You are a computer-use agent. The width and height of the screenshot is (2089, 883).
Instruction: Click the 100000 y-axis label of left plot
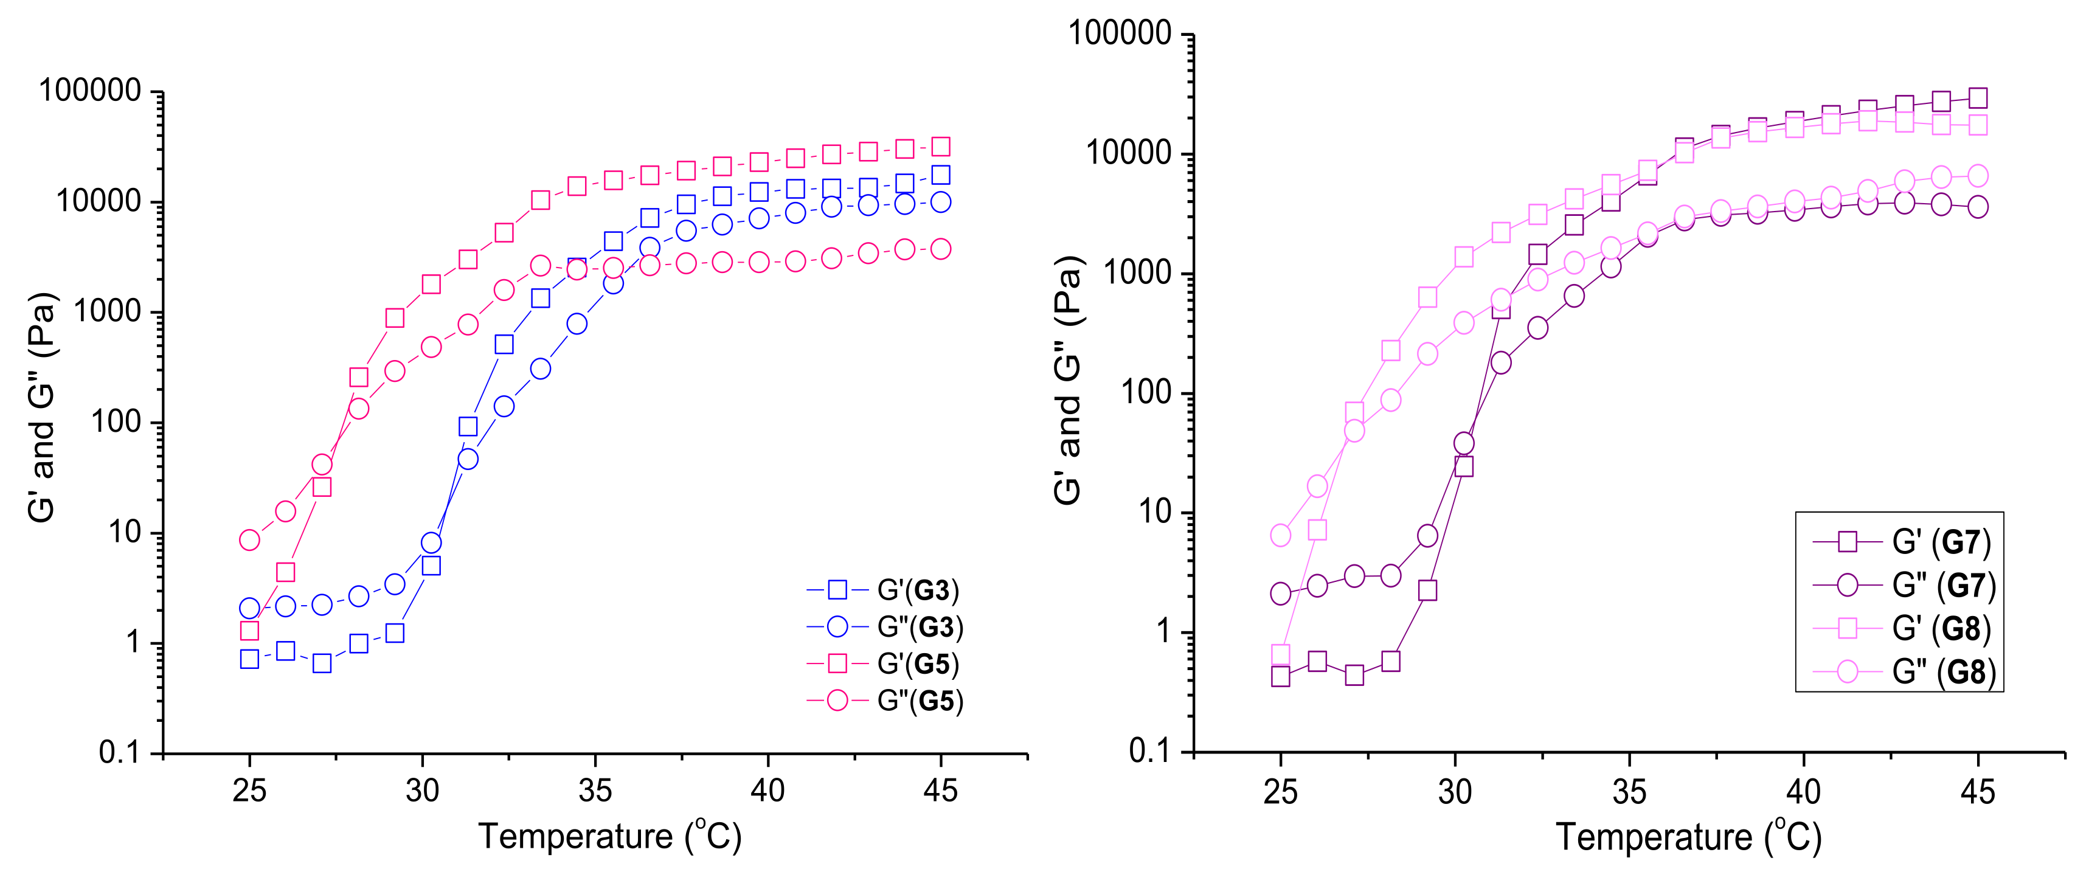[x=90, y=91]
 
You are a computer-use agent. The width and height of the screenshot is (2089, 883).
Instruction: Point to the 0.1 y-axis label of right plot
[x=1150, y=752]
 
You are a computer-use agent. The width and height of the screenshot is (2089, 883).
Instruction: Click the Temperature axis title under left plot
[x=610, y=837]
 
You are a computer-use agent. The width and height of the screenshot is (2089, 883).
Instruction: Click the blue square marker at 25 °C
[x=250, y=659]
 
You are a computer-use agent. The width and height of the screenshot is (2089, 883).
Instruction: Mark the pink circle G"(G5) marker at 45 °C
[x=941, y=249]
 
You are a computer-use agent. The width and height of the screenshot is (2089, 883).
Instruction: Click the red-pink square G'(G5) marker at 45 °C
[x=941, y=147]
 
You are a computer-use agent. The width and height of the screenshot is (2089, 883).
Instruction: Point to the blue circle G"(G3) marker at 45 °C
[x=941, y=202]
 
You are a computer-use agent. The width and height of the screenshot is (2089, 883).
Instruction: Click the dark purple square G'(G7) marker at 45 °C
[x=1978, y=98]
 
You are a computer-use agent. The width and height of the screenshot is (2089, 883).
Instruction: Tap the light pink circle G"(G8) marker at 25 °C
[x=1281, y=535]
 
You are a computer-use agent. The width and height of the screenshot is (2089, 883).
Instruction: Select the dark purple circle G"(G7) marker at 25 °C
[x=1281, y=594]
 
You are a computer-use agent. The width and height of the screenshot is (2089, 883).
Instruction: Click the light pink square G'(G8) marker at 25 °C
[x=1281, y=654]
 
